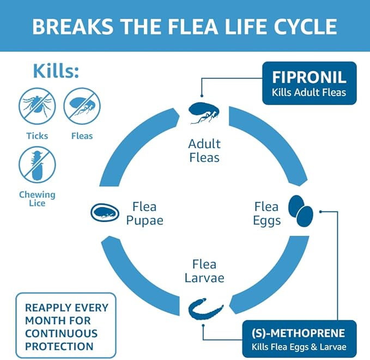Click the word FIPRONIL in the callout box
coord(309,77)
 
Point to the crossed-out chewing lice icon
coord(37,164)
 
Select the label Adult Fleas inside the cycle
coord(204,151)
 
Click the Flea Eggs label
coord(267,213)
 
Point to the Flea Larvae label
coord(204,271)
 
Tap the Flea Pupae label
coord(144,213)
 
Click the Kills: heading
coord(57,71)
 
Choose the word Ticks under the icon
coord(37,136)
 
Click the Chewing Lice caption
coord(37,199)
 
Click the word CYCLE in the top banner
coord(301,26)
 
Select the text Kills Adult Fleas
coord(309,92)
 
